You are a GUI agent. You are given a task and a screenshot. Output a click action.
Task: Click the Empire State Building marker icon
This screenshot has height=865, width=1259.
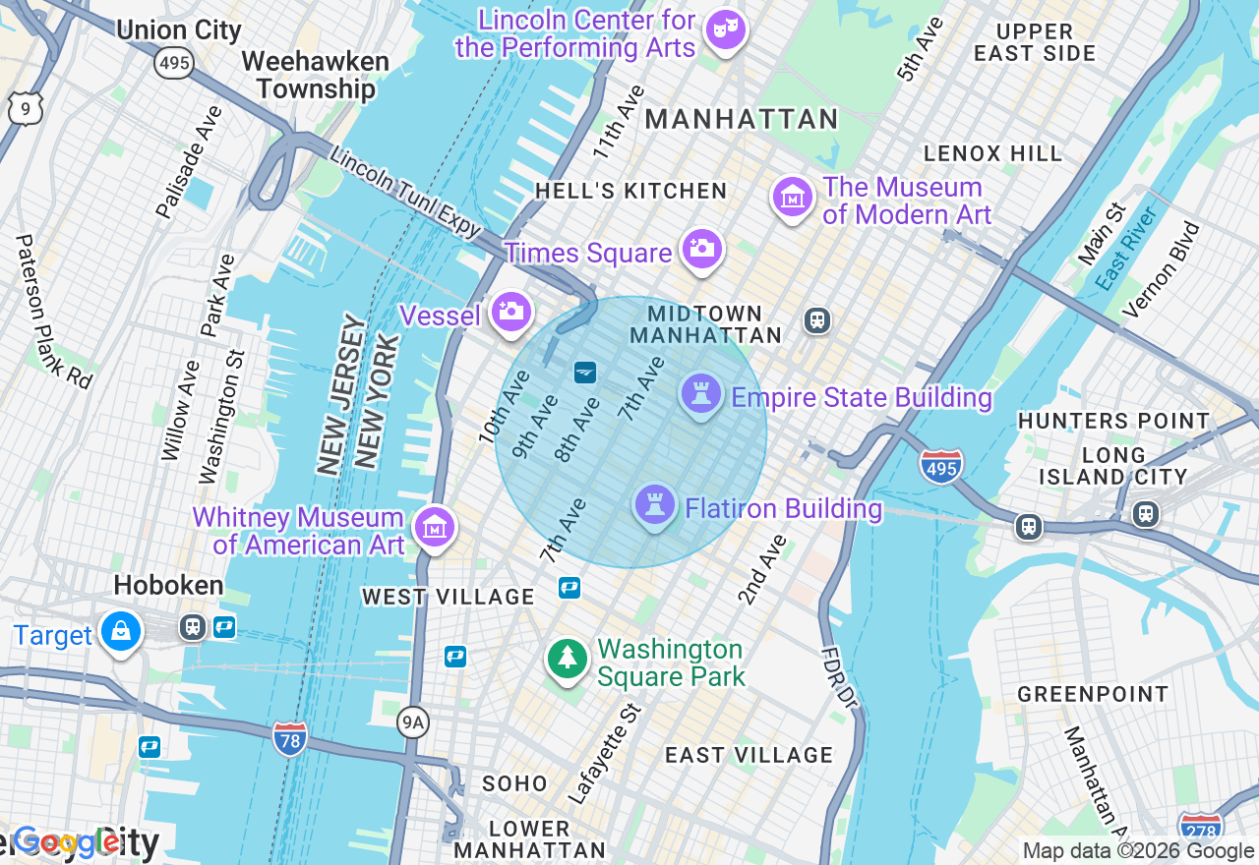pyautogui.click(x=701, y=395)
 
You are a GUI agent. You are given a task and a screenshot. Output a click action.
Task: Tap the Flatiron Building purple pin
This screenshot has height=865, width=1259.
pyautogui.click(x=655, y=505)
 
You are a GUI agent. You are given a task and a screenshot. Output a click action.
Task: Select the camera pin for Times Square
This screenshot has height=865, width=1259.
pyautogui.click(x=702, y=250)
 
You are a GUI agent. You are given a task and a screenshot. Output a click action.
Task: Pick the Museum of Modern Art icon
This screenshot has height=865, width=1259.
pyautogui.click(x=792, y=198)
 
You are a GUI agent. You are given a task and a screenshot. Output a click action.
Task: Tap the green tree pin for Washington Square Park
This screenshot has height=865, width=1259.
pyautogui.click(x=567, y=660)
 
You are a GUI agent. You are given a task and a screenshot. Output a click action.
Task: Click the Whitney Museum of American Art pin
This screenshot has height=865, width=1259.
pyautogui.click(x=434, y=528)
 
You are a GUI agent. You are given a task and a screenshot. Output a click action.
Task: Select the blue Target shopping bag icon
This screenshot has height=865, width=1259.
pyautogui.click(x=121, y=632)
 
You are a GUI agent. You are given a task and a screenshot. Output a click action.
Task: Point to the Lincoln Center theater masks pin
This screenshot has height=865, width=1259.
pyautogui.click(x=726, y=29)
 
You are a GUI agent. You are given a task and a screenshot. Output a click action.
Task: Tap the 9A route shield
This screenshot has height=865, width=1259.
pyautogui.click(x=413, y=723)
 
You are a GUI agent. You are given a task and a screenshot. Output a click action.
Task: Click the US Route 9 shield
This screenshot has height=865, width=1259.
pyautogui.click(x=25, y=108)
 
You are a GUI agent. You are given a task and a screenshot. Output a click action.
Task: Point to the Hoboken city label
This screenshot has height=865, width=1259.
pyautogui.click(x=168, y=586)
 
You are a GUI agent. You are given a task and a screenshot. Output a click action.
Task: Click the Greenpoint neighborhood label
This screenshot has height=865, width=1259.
pyautogui.click(x=1093, y=694)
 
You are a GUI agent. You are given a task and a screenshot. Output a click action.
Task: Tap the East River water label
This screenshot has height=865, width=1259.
pyautogui.click(x=1126, y=249)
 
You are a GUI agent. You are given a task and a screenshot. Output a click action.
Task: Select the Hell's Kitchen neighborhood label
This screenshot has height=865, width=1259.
pyautogui.click(x=630, y=191)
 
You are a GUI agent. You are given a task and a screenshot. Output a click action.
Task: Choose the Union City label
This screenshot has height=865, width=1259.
pyautogui.click(x=179, y=29)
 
